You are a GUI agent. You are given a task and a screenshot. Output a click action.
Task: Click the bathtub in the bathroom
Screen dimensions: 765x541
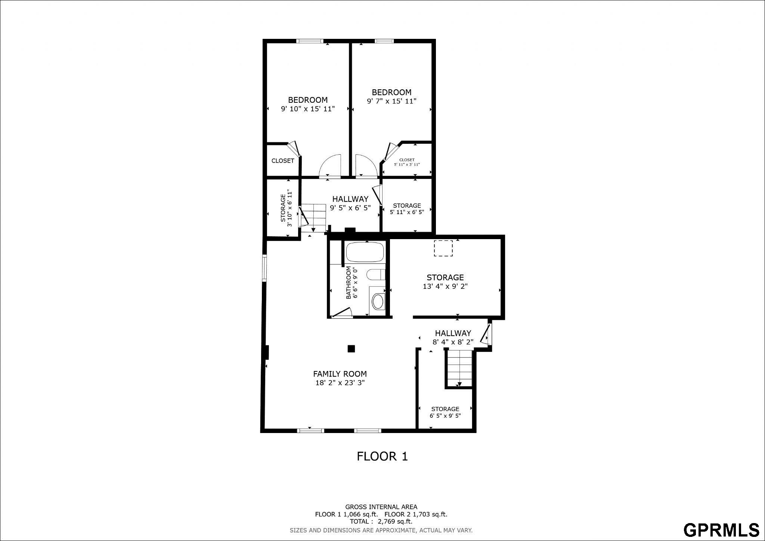coord(365,252)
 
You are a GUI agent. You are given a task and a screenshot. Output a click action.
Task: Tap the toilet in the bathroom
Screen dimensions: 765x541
coord(376,275)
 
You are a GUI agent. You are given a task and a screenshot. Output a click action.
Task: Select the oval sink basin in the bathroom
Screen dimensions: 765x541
coord(378,301)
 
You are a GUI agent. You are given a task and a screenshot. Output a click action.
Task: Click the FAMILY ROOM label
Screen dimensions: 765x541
coord(340,374)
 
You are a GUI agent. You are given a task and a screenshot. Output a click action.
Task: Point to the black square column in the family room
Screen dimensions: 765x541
coord(351,349)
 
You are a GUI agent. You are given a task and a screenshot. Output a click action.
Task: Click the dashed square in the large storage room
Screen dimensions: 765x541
coord(443,248)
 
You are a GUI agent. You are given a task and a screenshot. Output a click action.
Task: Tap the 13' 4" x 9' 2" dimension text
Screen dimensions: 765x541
coord(445,287)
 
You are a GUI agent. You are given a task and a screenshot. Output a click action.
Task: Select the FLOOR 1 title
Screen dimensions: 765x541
coord(382,456)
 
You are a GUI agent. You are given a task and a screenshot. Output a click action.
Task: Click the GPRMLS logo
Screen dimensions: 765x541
coord(721,529)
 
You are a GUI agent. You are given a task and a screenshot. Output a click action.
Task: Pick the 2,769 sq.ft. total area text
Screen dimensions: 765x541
coord(395,521)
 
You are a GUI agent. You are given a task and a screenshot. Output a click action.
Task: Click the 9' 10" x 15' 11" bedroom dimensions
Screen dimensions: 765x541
coord(308,109)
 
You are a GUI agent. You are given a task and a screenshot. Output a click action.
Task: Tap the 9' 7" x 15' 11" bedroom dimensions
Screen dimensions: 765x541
coord(391,101)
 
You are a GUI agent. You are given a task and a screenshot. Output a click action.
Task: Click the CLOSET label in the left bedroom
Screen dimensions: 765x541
coord(283,161)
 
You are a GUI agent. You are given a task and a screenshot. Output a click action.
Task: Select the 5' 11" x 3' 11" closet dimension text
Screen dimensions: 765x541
coord(407,164)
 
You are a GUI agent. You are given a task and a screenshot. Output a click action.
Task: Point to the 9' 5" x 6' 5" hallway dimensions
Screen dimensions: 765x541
coord(350,208)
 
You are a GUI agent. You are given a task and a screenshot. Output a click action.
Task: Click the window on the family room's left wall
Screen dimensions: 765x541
coord(264,268)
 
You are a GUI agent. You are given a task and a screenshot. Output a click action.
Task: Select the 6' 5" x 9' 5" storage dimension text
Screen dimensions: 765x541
coord(445,415)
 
